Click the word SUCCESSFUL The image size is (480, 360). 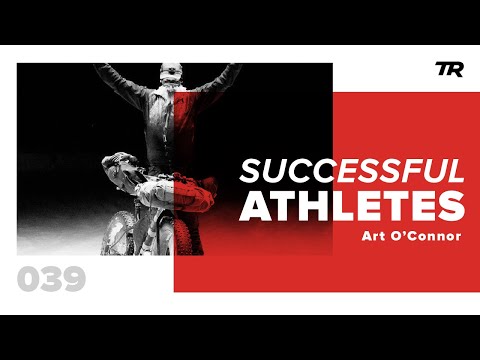351,171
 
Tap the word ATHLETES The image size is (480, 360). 352,205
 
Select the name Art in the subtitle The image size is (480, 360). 379,237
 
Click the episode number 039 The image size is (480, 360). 51,279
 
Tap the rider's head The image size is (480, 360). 170,77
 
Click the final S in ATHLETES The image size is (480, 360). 450,205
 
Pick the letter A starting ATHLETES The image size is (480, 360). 256,205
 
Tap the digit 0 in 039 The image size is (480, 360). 29,279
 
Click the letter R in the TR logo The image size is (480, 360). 451,69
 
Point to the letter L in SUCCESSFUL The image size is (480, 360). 456,171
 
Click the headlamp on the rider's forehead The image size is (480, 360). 170,70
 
